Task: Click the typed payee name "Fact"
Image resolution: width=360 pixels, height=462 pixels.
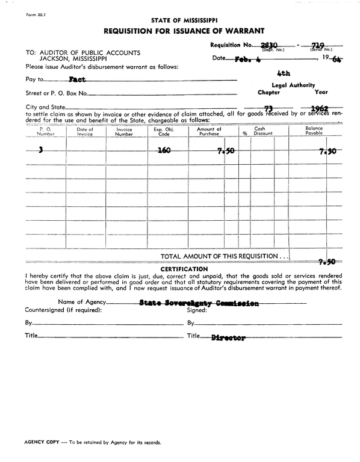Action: coord(76,79)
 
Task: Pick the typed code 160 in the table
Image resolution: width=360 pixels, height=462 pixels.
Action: coord(163,151)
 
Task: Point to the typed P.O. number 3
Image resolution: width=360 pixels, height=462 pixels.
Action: coord(40,151)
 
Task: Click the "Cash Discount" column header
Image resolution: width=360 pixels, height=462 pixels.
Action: coord(260,132)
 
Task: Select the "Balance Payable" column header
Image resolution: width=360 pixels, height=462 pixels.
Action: coord(314,132)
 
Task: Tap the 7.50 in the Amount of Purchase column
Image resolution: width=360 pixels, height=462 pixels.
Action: coord(225,152)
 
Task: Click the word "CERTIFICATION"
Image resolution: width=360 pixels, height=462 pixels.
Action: coord(184,268)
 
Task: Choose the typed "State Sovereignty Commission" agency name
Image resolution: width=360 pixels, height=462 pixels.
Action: coord(199,303)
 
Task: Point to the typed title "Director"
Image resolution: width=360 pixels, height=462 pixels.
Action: coord(228,338)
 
